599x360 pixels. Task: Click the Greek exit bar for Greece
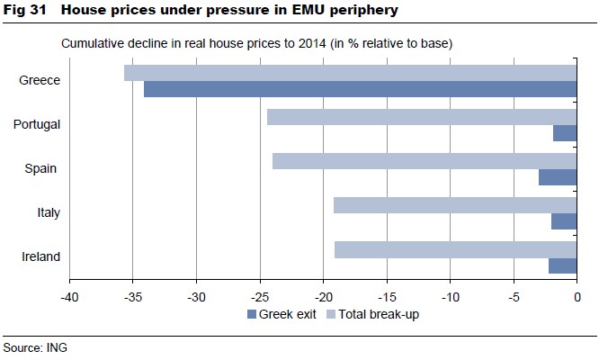point(360,89)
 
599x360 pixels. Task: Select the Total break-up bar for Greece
point(350,73)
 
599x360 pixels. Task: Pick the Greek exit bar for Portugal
point(565,133)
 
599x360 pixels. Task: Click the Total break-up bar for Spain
point(424,161)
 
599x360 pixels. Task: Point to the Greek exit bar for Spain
point(558,177)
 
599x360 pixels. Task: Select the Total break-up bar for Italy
point(454,205)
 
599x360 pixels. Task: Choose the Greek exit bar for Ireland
point(562,265)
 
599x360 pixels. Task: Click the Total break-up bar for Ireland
point(454,249)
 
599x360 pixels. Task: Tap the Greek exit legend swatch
point(251,314)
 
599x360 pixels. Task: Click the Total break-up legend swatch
point(330,314)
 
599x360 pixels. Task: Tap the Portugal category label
point(37,124)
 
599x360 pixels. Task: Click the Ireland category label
point(40,256)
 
